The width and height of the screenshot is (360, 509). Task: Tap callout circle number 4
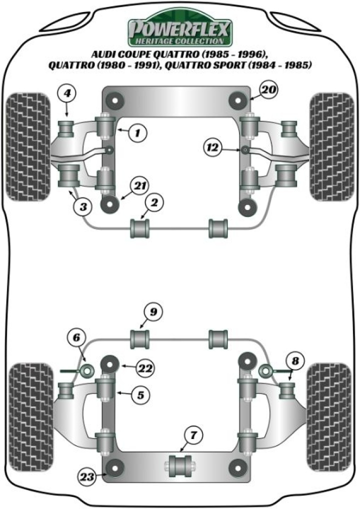[67, 94]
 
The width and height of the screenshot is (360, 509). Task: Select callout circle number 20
[268, 89]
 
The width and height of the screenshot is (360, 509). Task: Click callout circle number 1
[137, 132]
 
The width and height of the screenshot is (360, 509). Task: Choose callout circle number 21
[139, 186]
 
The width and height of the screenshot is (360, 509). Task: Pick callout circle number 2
[154, 202]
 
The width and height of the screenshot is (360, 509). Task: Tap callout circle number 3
[83, 206]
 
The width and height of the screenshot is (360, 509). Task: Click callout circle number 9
[153, 312]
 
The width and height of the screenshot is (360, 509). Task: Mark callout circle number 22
[145, 368]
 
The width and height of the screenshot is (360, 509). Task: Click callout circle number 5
[140, 394]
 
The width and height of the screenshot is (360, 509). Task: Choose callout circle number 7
[193, 434]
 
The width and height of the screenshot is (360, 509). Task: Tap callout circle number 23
[87, 476]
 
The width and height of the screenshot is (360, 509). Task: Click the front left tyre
[28, 146]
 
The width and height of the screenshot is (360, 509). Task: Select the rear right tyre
[329, 417]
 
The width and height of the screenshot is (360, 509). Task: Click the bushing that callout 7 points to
[180, 466]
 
